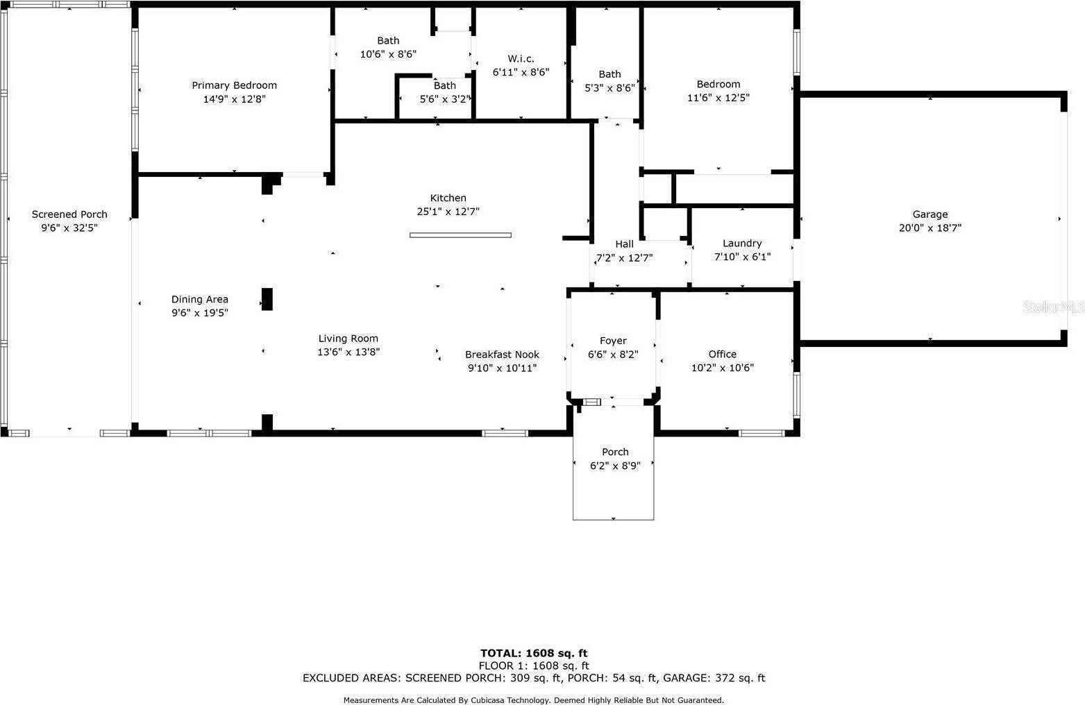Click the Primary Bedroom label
point(235,86)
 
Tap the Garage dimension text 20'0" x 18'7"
point(930,228)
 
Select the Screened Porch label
point(69,214)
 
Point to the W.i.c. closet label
point(521,59)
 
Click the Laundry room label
point(742,244)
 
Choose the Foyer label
point(613,341)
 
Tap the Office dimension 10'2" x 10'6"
point(722,368)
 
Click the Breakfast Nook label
point(503,355)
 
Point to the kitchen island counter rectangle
point(460,235)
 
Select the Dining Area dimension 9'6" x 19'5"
point(199,313)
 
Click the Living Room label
point(348,339)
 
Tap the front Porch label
point(615,452)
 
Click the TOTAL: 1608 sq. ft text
point(534,654)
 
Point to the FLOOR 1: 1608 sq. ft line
point(534,666)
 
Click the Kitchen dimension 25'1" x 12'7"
point(448,212)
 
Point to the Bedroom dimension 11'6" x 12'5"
point(718,98)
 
